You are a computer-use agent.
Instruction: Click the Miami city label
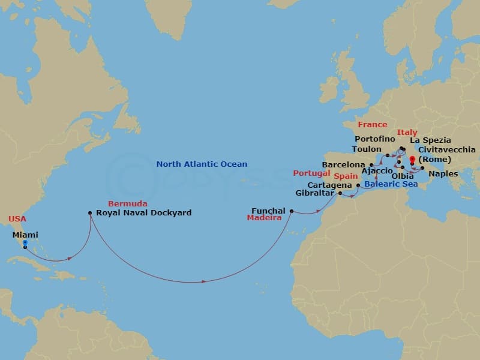25,235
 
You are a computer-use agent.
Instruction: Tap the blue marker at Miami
25,243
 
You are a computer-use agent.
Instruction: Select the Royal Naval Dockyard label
144,212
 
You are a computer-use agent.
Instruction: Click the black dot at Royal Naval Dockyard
90,212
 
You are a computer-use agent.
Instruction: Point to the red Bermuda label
123,204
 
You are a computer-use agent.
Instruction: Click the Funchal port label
268,211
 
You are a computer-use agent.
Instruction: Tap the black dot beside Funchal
292,211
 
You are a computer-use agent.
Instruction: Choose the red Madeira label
265,218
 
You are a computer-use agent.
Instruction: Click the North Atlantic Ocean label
202,164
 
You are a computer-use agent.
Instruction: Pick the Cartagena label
331,185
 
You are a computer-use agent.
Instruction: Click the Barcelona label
344,164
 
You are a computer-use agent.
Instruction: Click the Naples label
444,174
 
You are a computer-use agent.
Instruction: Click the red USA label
18,219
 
